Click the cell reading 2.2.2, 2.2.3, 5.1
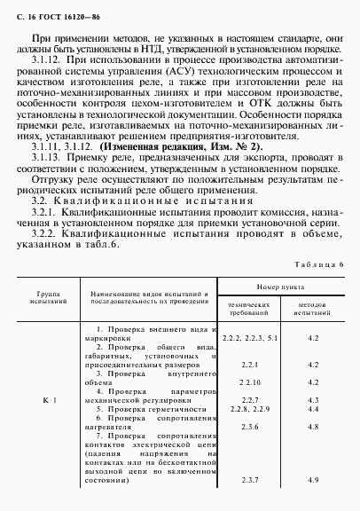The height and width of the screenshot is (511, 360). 249,339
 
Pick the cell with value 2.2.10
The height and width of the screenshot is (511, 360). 249,382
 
